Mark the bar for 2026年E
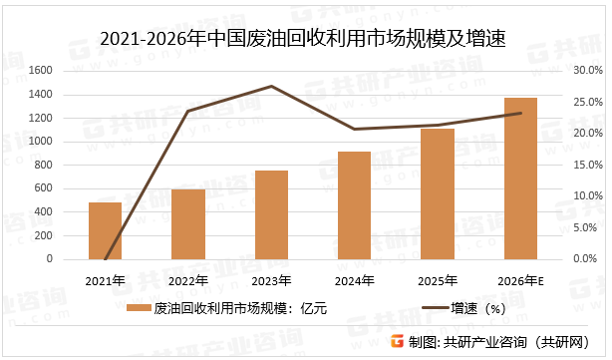pos(520,178)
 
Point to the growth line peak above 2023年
pos(271,87)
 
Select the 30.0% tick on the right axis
pos(589,71)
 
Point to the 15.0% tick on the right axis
pos(589,165)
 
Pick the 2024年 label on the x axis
pos(354,279)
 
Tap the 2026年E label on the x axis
pos(520,279)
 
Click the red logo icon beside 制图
pos(398,341)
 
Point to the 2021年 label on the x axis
pos(105,279)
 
